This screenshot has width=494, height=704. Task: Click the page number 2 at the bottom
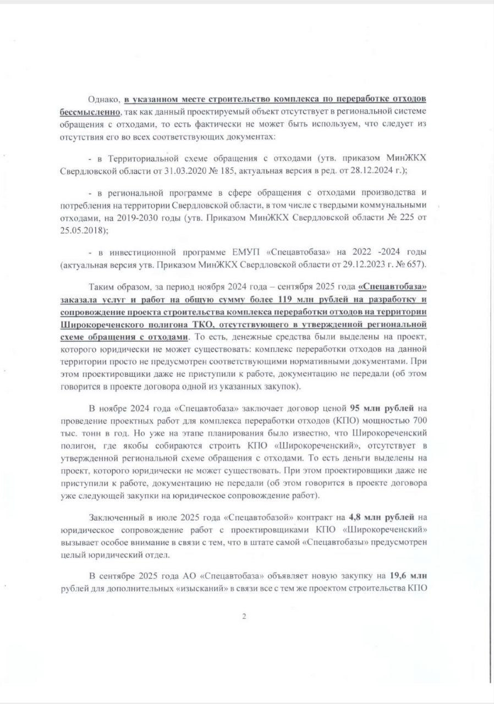[244, 616]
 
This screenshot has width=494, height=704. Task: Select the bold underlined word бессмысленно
[90, 112]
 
